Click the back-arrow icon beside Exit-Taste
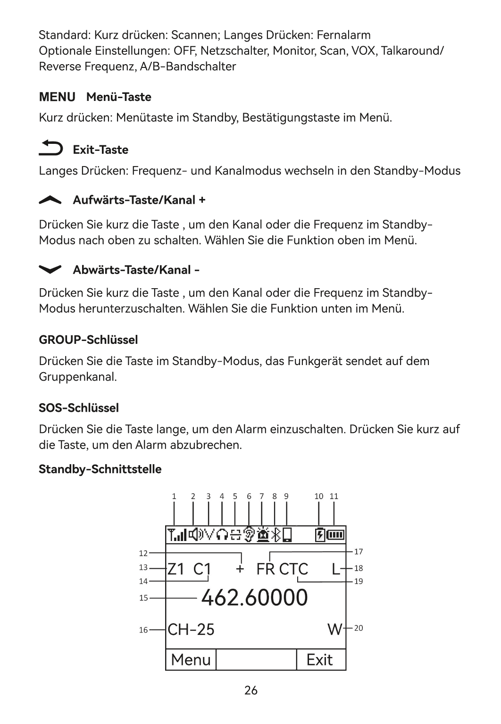point(50,148)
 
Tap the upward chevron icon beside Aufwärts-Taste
point(50,200)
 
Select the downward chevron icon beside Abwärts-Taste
point(50,269)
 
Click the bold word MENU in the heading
point(57,97)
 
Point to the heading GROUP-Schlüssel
point(88,340)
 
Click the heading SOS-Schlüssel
point(79,408)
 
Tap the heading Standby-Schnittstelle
point(100,469)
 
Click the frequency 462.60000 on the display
point(254,598)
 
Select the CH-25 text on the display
point(191,629)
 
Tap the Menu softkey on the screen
point(191,659)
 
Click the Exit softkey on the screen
point(319,659)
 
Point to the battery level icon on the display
point(336,535)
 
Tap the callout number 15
point(143,598)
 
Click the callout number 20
point(359,628)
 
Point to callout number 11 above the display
point(334,496)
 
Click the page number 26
point(251,691)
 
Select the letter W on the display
point(335,629)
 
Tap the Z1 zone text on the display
point(176,569)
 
